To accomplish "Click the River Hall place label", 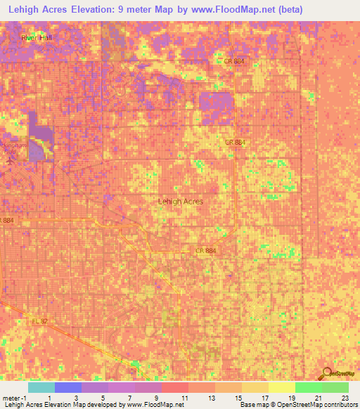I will pos(37,37).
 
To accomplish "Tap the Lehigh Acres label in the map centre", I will pos(181,201).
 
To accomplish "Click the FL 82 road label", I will pos(39,321).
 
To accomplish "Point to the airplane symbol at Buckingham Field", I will pos(9,157).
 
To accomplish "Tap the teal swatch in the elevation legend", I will pos(41,387).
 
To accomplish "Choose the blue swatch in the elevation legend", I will pos(68,387).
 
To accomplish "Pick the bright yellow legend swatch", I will pos(281,387).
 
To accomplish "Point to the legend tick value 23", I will pos(345,398).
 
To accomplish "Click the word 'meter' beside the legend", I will pos(10,398).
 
